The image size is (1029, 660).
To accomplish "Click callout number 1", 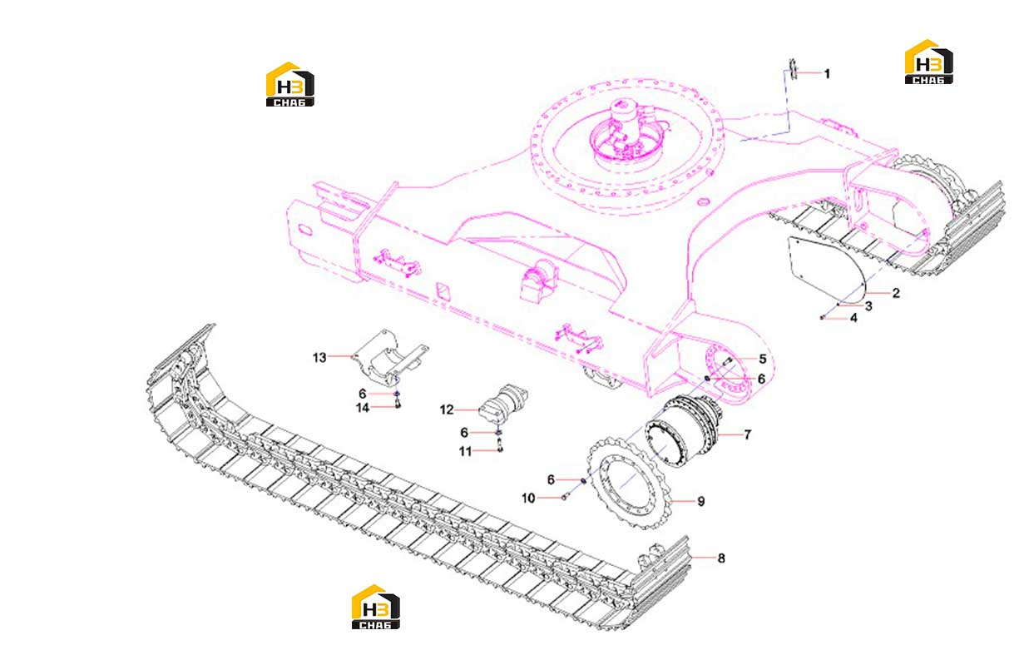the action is coord(827,73).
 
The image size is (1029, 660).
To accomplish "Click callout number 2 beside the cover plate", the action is coord(896,293).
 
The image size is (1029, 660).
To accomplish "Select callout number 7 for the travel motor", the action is coord(747,434).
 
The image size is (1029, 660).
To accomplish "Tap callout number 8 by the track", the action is coord(721,558).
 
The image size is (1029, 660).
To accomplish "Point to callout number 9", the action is coord(701,501).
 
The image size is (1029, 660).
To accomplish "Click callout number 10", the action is coord(528,498).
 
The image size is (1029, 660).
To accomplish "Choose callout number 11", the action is coord(465,451).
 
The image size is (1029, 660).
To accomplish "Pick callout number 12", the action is coord(447,409).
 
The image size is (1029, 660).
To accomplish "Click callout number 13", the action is coord(319,357).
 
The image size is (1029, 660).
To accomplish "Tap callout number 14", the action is coord(363,407).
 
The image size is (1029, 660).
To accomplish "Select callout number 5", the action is coord(763,359).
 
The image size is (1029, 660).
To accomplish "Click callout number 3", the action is coord(868,305).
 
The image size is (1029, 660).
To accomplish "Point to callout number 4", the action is coord(853,318).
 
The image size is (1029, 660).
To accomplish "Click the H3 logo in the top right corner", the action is coord(928,62).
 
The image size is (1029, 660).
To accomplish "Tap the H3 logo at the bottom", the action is coord(375,607).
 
